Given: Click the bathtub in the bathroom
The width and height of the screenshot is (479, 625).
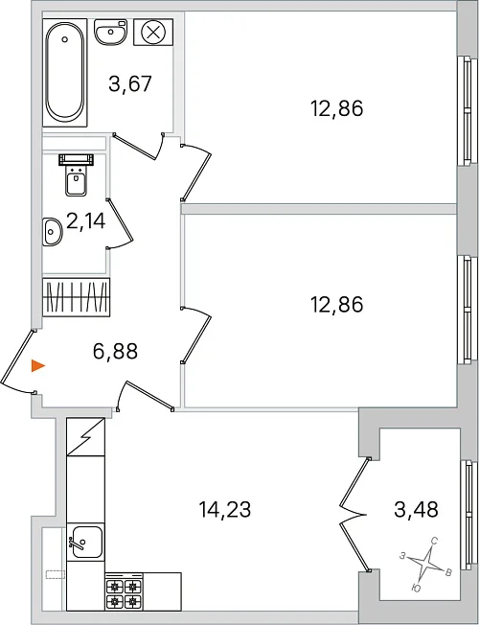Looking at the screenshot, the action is (65, 73).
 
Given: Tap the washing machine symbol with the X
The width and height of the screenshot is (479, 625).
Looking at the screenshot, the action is (153, 32).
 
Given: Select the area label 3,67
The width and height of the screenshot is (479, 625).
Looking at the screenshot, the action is (130, 84).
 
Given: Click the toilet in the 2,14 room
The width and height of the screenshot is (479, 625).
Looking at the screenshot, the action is (76, 175).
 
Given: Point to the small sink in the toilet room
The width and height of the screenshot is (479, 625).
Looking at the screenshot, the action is (52, 232).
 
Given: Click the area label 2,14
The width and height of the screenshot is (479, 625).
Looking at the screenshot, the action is (85, 221).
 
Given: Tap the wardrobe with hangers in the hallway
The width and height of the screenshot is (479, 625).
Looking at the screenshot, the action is (76, 297).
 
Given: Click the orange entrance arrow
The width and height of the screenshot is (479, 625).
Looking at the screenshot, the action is (38, 365).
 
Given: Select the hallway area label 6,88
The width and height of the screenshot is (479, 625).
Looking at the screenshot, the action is (115, 351).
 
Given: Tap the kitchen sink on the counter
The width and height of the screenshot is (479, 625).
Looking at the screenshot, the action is (85, 542).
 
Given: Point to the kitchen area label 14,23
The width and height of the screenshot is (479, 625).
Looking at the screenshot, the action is (225, 509).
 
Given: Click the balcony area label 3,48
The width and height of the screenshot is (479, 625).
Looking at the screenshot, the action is (416, 509).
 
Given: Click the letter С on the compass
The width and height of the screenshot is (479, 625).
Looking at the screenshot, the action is (435, 541).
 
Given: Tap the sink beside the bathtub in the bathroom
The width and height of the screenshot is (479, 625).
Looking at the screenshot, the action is (111, 31).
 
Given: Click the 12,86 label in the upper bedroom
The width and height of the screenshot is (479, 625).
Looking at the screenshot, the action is (336, 108).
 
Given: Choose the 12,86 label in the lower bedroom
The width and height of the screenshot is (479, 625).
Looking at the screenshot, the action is (336, 305).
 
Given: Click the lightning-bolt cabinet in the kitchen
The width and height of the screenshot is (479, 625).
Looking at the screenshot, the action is (85, 436).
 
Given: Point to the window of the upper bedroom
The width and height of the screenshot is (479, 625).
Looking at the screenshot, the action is (468, 110).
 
